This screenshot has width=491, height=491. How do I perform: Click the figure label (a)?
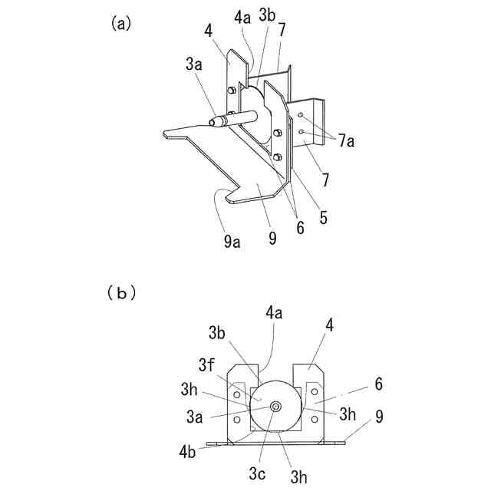point(121,23)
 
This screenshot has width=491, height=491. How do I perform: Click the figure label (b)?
point(120,292)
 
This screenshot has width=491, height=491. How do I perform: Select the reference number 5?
point(324,218)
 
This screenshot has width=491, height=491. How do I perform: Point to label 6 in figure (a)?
point(300,228)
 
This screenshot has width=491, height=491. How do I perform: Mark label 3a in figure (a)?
point(193,67)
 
